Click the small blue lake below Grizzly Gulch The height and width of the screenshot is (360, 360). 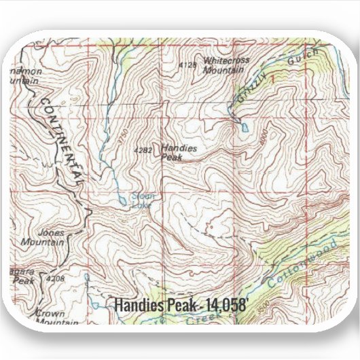244,126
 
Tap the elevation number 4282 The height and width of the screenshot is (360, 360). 144,149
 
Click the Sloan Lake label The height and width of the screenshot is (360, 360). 143,200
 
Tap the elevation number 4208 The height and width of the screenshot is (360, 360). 56,278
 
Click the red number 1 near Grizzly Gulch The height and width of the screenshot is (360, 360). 275,81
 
